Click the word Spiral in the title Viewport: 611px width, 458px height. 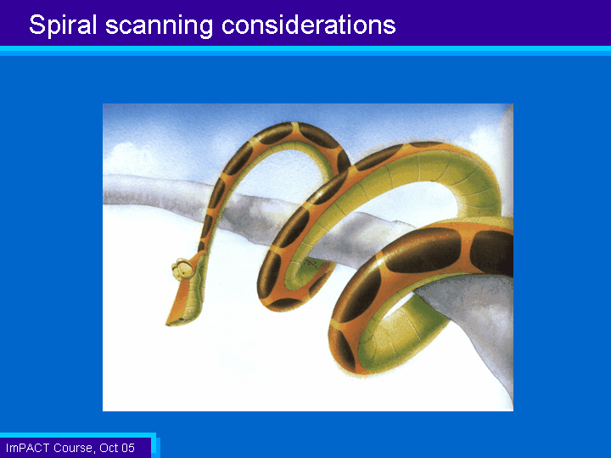click(x=63, y=25)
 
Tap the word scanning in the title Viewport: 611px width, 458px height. click(x=159, y=25)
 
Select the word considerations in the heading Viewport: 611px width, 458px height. click(x=309, y=25)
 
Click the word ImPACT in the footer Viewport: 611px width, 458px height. click(x=28, y=448)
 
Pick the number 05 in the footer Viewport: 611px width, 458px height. click(x=128, y=448)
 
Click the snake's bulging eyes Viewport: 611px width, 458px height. click(x=182, y=268)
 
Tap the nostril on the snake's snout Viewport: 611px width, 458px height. click(x=182, y=320)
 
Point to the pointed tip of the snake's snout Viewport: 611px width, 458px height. click(x=167, y=324)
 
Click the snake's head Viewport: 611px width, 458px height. click(x=186, y=289)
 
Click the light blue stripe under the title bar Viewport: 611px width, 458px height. click(x=305, y=51)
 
